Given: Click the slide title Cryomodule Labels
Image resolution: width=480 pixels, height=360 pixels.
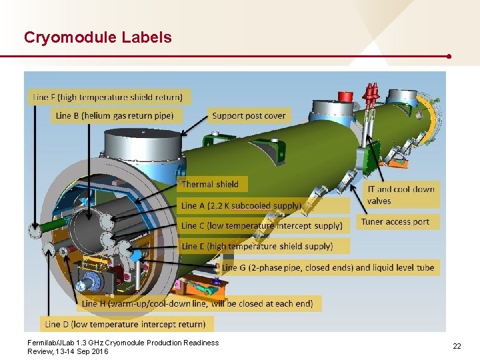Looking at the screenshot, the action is [97, 37].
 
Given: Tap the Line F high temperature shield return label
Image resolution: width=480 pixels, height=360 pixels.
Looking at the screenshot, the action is [110, 97].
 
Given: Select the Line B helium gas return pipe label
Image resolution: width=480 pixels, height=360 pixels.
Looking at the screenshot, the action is [115, 115].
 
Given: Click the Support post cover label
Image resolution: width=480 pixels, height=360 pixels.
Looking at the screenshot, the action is [249, 115].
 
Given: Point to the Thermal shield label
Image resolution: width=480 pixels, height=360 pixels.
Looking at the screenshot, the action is [210, 184].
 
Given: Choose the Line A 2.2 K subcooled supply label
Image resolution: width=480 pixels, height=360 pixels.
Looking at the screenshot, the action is [241, 205].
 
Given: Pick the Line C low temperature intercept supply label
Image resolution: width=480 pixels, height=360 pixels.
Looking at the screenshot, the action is [262, 226].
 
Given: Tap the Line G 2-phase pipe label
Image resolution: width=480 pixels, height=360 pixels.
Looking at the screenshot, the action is [328, 267].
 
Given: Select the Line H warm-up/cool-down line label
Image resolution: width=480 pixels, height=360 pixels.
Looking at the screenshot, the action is [197, 303].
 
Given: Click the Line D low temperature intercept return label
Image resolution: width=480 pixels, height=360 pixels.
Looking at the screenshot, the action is [125, 324].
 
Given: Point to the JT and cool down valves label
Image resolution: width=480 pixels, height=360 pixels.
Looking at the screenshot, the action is [401, 195].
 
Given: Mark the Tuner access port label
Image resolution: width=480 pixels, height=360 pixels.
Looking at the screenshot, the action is [395, 221].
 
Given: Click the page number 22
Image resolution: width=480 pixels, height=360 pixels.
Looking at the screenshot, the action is [457, 346].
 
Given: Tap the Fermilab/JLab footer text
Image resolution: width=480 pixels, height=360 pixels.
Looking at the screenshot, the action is [123, 347].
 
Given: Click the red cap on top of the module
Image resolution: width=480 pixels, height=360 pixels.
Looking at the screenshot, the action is [345, 97].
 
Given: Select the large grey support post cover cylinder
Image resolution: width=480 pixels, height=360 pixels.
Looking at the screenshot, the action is [144, 140].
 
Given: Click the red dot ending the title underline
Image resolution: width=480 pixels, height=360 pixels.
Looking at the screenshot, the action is [450, 56].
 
